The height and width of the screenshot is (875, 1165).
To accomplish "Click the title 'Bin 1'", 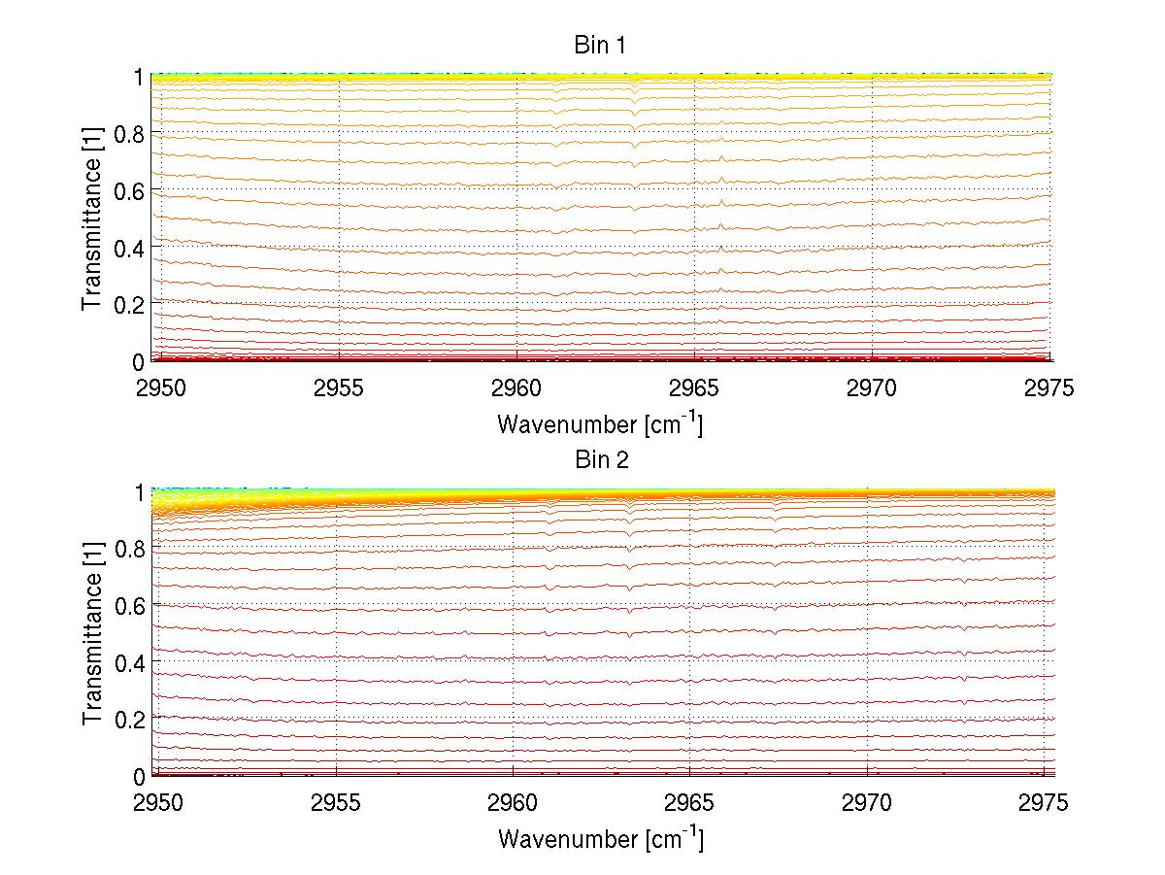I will (601, 45).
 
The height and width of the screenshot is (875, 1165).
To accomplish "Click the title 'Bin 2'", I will (601, 460).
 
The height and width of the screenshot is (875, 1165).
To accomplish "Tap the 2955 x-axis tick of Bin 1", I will (338, 389).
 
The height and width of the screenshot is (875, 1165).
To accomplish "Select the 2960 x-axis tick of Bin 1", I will (516, 389).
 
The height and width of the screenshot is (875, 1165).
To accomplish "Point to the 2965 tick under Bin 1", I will (694, 389).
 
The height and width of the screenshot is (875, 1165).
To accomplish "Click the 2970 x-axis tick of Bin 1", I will (872, 389).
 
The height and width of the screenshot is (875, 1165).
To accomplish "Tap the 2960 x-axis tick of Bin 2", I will (513, 804).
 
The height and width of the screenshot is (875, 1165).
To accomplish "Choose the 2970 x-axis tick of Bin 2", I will (866, 804).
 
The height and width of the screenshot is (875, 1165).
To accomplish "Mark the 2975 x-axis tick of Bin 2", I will (1043, 804).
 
